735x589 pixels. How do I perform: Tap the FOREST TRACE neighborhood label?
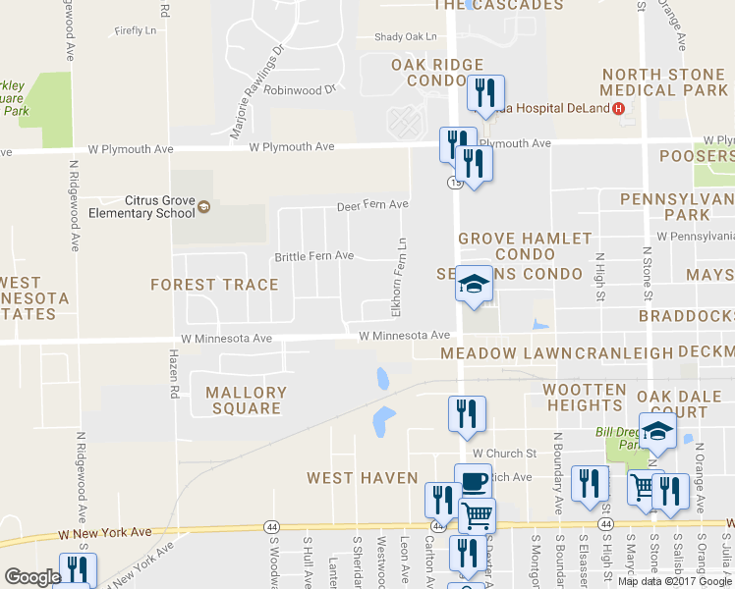pos(213,285)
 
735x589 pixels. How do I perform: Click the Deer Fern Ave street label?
pos(372,205)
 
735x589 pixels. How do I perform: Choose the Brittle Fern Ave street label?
pos(313,256)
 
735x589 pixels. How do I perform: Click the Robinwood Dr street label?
pos(300,88)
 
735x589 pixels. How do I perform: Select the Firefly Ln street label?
pos(136,31)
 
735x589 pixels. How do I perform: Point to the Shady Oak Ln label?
pos(405,37)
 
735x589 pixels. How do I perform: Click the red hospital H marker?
pos(618,108)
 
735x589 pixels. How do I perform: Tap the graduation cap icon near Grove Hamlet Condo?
pos(474,285)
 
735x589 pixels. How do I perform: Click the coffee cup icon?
pos(473,481)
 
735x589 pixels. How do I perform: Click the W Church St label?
pos(503,454)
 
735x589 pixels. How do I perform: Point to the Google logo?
pos(32,577)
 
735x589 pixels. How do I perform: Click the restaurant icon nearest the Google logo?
pos(76,570)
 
